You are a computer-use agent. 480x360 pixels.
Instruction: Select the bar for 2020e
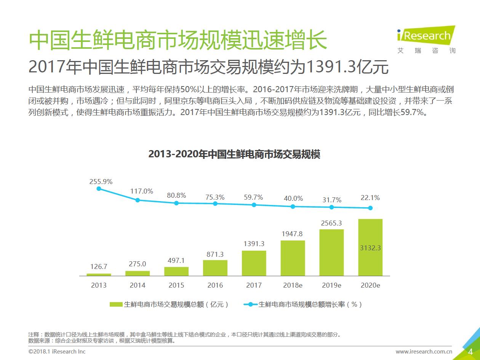pos(370,247)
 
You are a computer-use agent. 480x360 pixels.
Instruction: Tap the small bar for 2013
pos(99,274)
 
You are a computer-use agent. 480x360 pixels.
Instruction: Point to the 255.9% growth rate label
pos(101,182)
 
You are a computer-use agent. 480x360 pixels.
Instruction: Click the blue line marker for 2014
pos(138,200)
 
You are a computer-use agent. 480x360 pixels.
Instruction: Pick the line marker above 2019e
pos(331,207)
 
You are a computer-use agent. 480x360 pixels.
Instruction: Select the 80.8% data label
pos(176,195)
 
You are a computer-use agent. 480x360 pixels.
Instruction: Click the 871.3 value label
pos(215,254)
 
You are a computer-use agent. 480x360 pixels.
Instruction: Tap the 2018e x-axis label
pos(293,285)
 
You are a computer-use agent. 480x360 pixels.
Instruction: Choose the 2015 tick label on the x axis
pos(176,285)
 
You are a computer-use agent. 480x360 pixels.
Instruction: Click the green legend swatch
pos(116,304)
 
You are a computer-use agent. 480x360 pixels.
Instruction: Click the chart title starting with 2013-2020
pos(234,154)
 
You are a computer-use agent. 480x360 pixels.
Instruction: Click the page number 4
pos(470,351)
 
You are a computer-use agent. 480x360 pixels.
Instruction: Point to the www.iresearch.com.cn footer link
pos(424,352)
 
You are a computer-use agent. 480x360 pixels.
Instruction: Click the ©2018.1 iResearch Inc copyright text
pos(57,351)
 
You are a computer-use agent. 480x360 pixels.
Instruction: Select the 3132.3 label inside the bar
pos(370,248)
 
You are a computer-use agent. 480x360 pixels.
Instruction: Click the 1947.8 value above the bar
pos(293,234)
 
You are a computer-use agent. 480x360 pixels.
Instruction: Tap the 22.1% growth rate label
pos(370,198)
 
